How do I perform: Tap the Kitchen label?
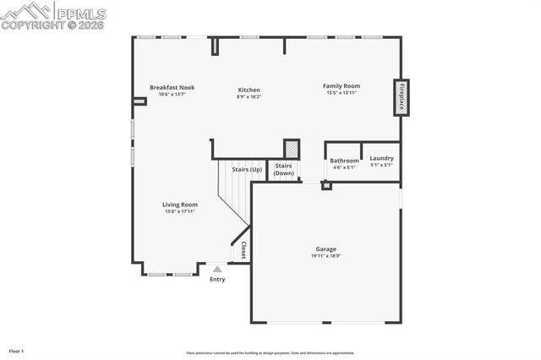click(249, 90)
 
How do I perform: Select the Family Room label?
click(342, 85)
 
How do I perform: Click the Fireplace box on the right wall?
click(402, 97)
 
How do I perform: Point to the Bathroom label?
click(344, 160)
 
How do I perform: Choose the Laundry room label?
click(381, 158)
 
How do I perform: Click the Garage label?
click(326, 249)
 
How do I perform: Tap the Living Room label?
click(180, 204)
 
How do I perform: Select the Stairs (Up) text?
click(247, 170)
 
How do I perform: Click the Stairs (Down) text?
click(283, 169)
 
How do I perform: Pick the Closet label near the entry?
click(243, 251)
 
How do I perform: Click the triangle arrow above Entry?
click(217, 269)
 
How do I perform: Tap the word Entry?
click(217, 279)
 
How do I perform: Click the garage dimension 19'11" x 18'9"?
click(326, 256)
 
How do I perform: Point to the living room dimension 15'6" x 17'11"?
click(180, 211)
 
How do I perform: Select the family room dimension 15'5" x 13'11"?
click(342, 92)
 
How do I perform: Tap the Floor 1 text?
click(16, 350)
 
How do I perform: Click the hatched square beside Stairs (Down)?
click(292, 148)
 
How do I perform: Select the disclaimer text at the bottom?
click(270, 353)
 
